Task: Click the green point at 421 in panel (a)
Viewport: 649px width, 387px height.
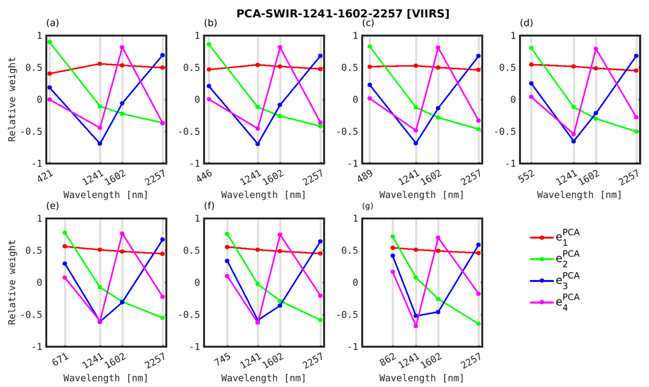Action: click(50, 42)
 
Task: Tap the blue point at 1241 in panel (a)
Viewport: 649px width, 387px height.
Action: click(100, 143)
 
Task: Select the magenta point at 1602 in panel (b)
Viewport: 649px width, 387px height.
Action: click(280, 47)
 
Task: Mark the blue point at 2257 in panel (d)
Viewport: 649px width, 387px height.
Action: click(636, 56)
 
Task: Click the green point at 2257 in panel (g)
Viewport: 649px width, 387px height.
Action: click(479, 324)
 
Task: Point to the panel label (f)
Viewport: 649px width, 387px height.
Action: click(209, 206)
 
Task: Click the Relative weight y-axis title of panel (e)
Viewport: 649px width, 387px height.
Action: click(12, 282)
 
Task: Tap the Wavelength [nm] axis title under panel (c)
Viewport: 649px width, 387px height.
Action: click(421, 195)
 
